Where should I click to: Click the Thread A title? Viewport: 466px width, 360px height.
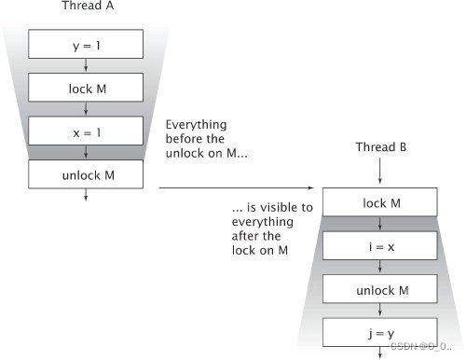[x=85, y=7]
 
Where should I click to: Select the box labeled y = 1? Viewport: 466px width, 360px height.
[x=85, y=43]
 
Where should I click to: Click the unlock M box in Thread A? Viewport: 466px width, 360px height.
[x=85, y=173]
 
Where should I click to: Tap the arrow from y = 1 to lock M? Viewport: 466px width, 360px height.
[x=85, y=65]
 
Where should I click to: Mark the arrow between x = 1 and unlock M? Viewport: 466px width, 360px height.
[x=85, y=152]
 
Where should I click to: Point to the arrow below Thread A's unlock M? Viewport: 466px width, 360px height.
[x=85, y=194]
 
